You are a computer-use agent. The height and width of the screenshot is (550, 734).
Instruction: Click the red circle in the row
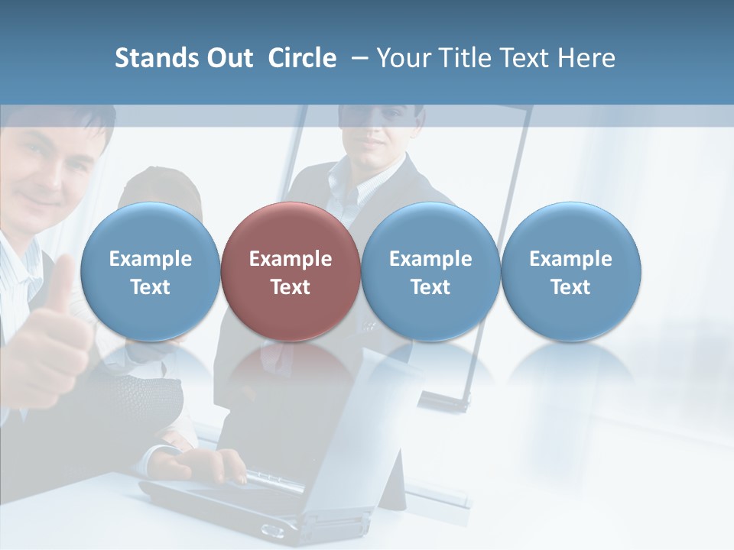(291, 271)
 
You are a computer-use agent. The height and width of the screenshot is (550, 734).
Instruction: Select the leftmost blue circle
(151, 271)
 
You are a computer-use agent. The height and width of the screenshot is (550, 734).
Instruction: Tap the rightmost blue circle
(570, 271)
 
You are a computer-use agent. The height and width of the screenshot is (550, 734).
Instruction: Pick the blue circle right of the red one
(430, 271)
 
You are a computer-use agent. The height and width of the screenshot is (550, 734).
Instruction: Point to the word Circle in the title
(302, 58)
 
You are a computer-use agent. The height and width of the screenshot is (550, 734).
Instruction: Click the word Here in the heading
(587, 58)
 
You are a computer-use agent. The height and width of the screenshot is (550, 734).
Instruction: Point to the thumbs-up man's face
(46, 172)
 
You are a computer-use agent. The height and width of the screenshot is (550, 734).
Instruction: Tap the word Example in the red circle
(291, 259)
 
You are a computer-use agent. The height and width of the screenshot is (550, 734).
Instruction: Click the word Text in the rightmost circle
(570, 287)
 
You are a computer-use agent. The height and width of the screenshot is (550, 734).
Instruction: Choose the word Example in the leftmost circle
(151, 259)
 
